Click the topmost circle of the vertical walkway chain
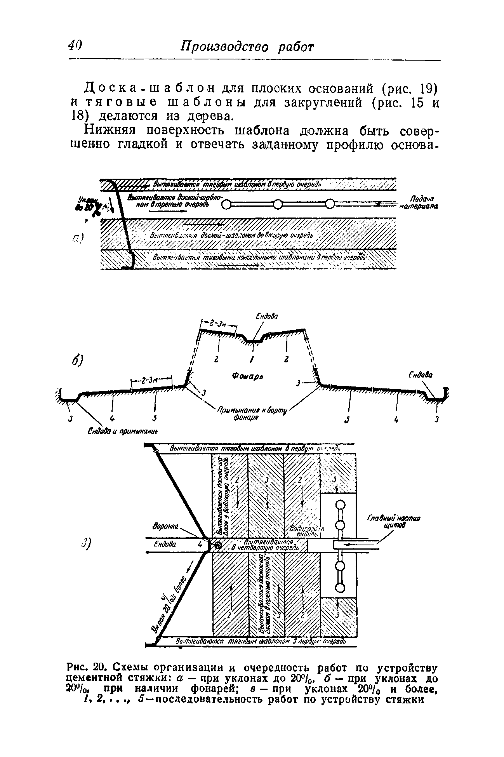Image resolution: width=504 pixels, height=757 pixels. click(340, 505)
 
